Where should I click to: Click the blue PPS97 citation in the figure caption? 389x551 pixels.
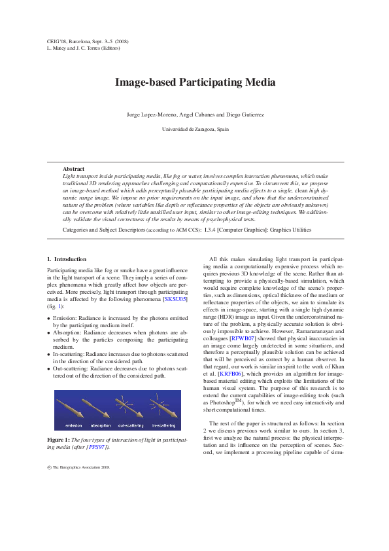pyautogui.click(x=97, y=448)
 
